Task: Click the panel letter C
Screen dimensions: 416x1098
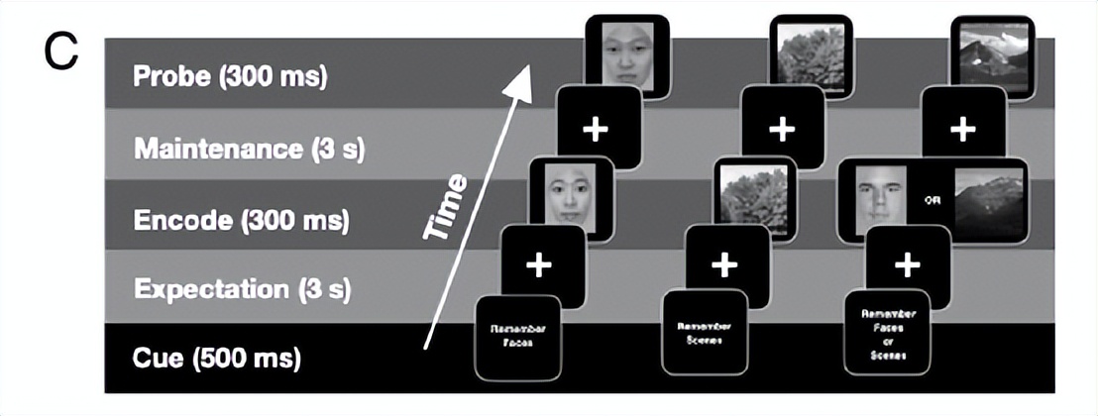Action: point(60,52)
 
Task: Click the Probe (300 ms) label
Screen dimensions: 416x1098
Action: point(230,76)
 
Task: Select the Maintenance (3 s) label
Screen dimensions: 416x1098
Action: point(249,150)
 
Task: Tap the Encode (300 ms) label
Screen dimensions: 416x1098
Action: point(241,220)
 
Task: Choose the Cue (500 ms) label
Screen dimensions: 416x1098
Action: point(215,357)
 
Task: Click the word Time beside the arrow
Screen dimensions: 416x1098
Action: point(445,207)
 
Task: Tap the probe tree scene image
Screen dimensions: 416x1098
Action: point(811,54)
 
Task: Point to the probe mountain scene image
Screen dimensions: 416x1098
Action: point(991,55)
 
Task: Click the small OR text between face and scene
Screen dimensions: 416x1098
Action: point(931,199)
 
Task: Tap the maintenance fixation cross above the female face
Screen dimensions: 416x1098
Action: point(595,129)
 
